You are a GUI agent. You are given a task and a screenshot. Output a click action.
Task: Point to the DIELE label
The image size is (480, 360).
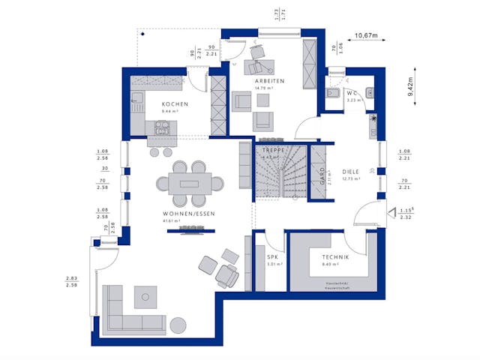click(x=350, y=171)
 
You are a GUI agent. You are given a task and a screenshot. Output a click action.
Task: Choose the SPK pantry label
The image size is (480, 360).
click(x=272, y=256)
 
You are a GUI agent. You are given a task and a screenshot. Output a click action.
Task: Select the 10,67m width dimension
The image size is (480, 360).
click(x=366, y=35)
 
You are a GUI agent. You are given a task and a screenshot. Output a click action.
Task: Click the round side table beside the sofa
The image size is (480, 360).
click(x=178, y=324)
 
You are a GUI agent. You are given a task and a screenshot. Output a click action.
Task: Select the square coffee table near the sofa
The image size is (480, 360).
click(x=146, y=298)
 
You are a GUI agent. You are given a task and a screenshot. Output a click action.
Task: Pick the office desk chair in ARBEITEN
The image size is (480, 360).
click(x=259, y=52)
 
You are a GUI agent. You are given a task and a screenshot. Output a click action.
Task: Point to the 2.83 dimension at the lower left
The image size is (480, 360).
click(x=71, y=278)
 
